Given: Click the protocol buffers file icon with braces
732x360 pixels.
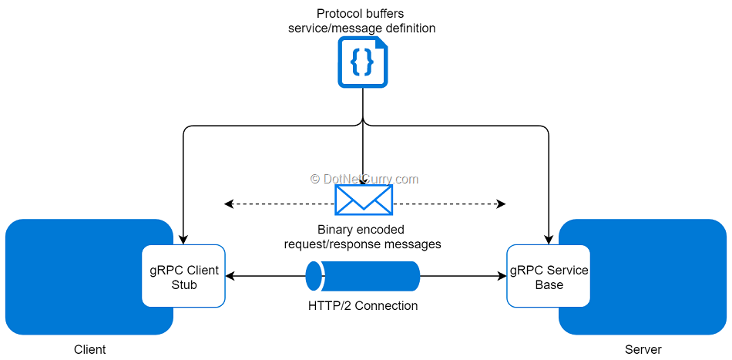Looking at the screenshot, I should tap(363, 62).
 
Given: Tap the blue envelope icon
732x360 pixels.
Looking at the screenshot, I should tap(364, 200).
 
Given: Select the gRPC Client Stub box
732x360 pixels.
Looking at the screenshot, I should tap(183, 277).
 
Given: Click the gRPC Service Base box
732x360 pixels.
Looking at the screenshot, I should tap(549, 277).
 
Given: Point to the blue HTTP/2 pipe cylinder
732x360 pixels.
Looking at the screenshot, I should tap(363, 276).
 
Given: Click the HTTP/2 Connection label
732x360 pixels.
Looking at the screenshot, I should tap(363, 306).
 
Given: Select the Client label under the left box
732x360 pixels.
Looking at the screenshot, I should tap(89, 349).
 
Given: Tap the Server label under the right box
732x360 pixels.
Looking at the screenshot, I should tap(643, 349).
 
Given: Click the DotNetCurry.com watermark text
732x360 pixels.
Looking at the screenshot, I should tap(364, 179).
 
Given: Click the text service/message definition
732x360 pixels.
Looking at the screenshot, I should tap(361, 29).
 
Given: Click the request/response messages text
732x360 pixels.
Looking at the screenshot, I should tap(362, 244).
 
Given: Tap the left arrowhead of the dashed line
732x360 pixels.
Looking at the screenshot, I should tap(228, 204).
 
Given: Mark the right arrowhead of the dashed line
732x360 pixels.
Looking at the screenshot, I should tap(502, 204).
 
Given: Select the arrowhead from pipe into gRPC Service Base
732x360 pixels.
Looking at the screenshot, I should tap(502, 276).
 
